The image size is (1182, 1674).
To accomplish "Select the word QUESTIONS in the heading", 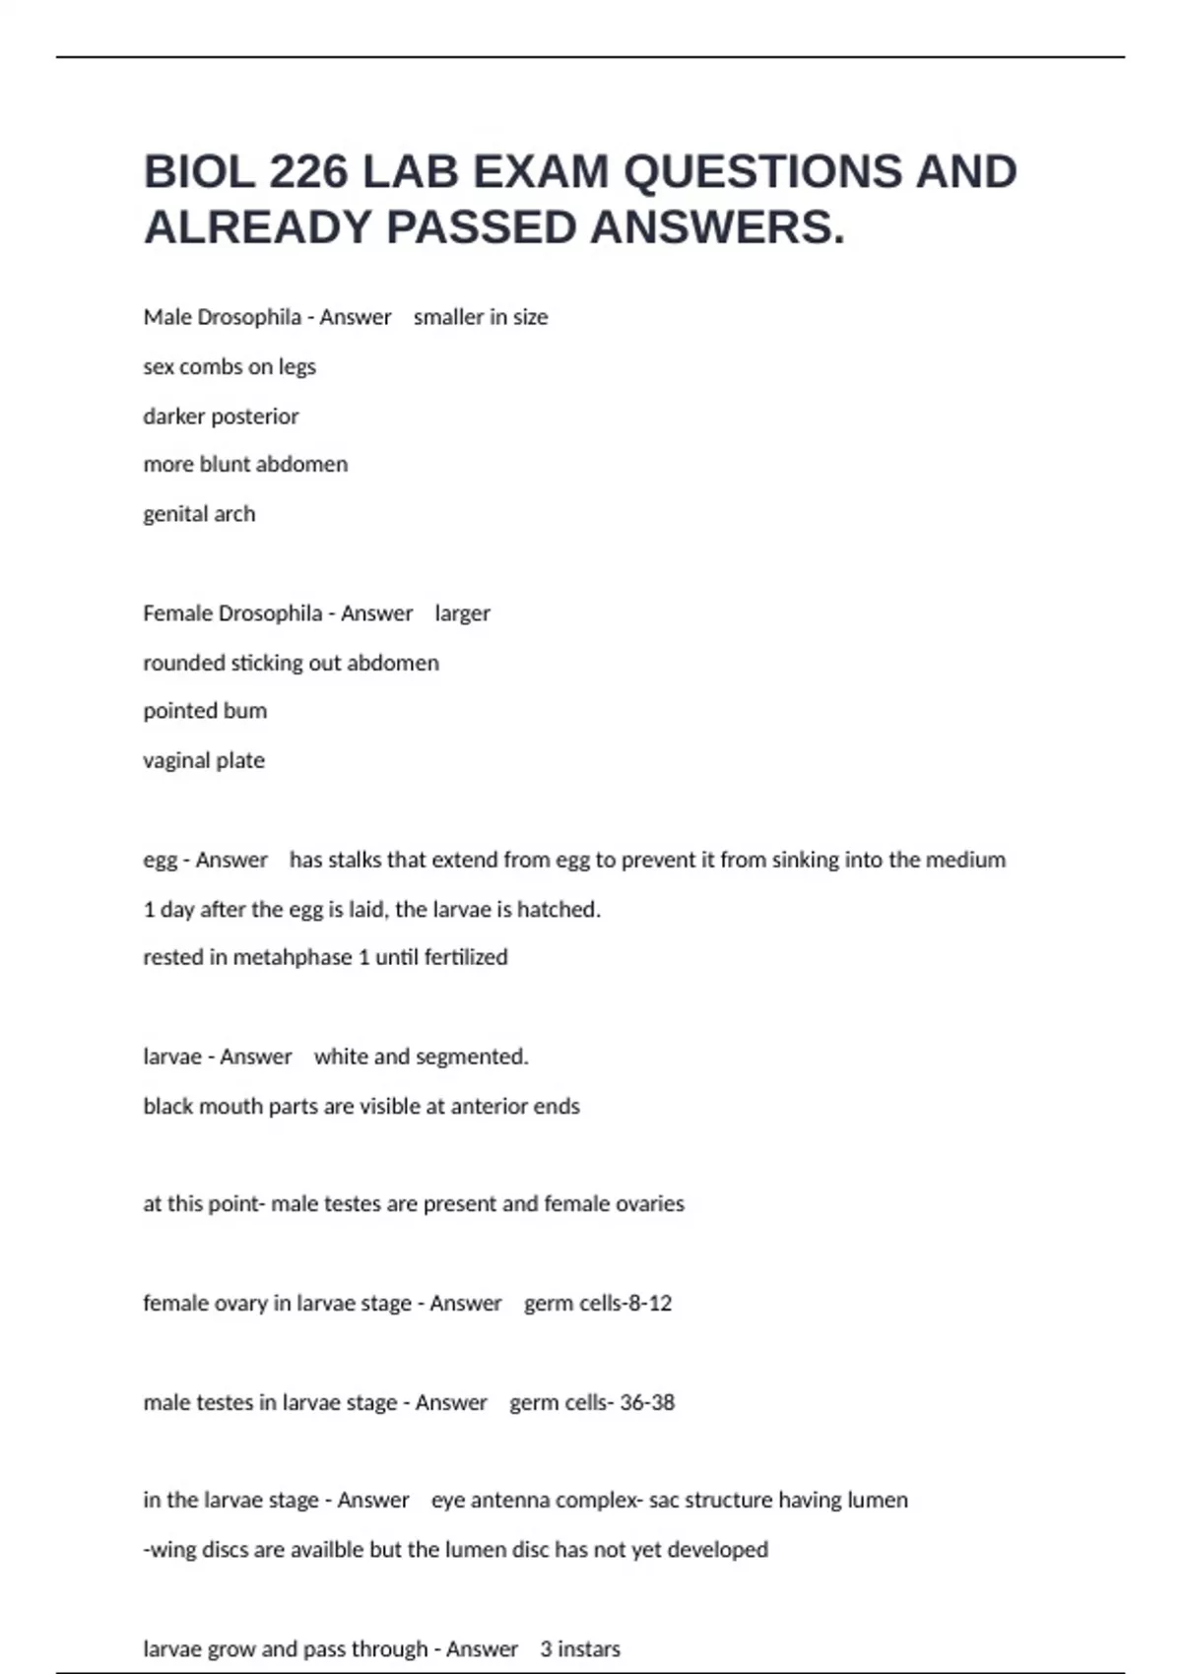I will [x=762, y=172].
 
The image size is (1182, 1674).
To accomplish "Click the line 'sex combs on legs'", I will [x=230, y=366].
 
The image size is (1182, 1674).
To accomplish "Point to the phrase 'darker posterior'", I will [x=221, y=417].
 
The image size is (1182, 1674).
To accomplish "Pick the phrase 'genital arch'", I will [x=199, y=514].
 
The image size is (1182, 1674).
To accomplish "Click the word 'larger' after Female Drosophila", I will [x=462, y=613].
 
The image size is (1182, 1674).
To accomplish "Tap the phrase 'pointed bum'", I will [x=205, y=711].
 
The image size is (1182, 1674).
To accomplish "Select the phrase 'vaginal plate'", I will [x=204, y=760].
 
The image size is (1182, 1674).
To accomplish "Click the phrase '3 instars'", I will [x=580, y=1648].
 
